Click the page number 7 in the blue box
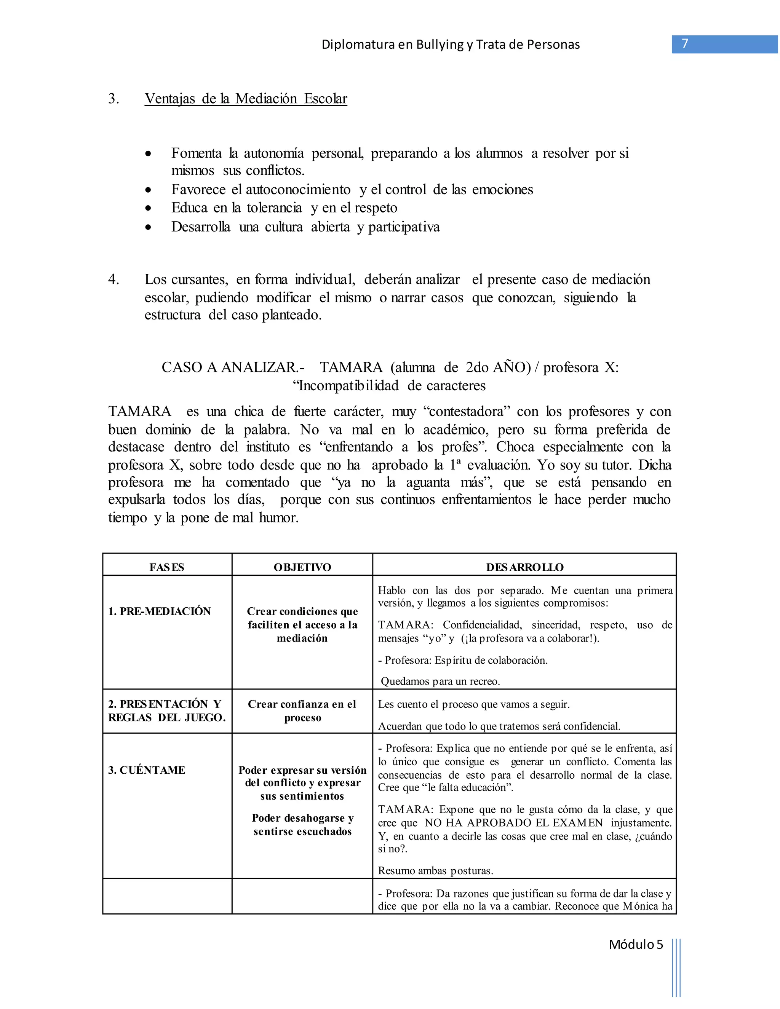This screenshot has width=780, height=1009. coord(685,44)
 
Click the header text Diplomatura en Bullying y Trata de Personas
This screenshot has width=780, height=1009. coord(451,44)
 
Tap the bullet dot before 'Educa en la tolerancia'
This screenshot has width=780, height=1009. coord(148,209)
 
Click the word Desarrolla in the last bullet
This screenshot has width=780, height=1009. coord(201,227)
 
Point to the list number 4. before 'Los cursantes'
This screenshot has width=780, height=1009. coord(113,279)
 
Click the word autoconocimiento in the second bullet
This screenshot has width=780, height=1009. coord(298,189)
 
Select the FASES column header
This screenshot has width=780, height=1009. coord(167,567)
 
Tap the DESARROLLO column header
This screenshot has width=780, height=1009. coord(524,567)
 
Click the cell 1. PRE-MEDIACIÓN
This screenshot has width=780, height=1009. coord(160,611)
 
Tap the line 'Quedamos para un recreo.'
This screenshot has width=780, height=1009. coord(440,681)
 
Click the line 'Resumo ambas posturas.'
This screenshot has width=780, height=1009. coord(435,870)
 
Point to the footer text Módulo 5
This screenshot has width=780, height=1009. coord(635,944)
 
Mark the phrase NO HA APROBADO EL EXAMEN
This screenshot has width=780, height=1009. coord(513,823)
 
